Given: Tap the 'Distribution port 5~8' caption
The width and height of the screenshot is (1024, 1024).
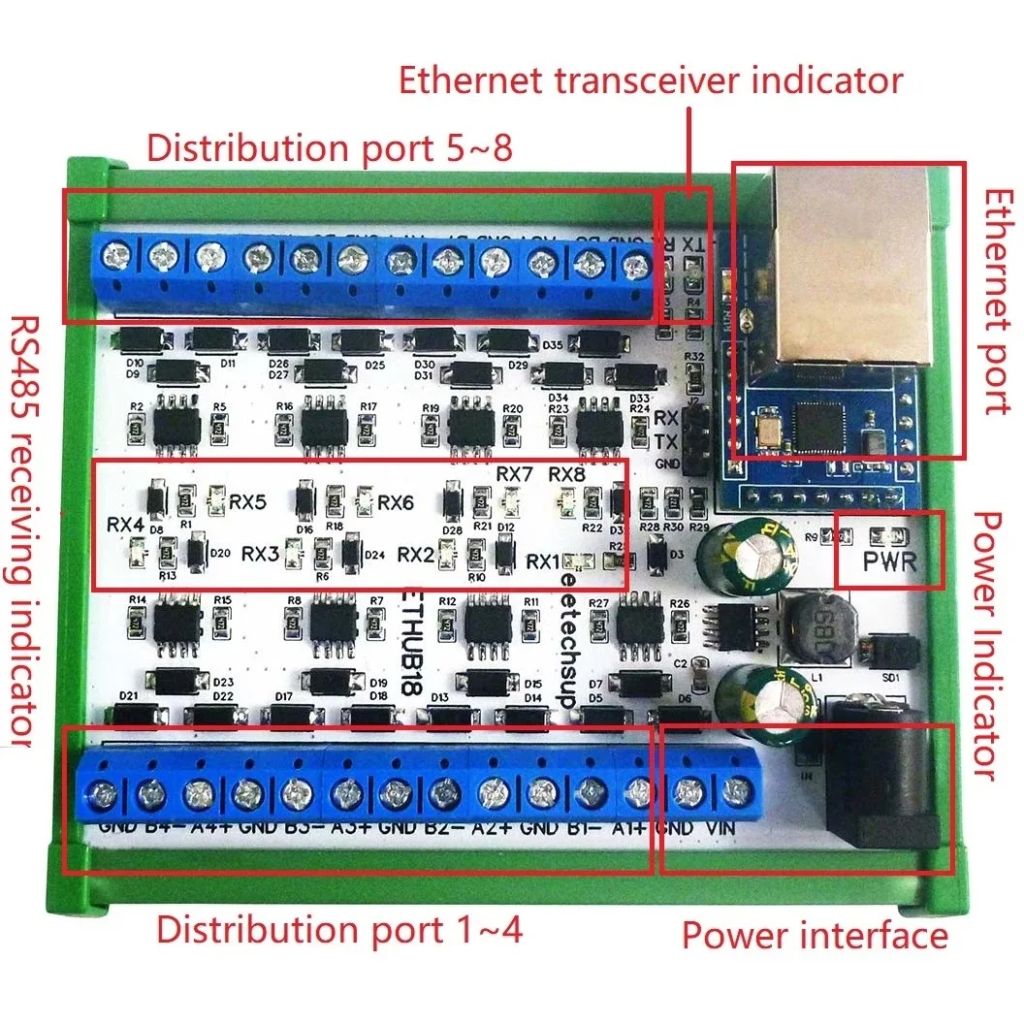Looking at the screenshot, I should coord(329,148).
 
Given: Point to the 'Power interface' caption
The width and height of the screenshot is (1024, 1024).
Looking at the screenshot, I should coord(815,936).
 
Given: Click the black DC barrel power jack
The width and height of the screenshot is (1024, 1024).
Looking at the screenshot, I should coord(878,785).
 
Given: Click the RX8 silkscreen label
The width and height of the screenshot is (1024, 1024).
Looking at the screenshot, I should coord(568,475).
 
